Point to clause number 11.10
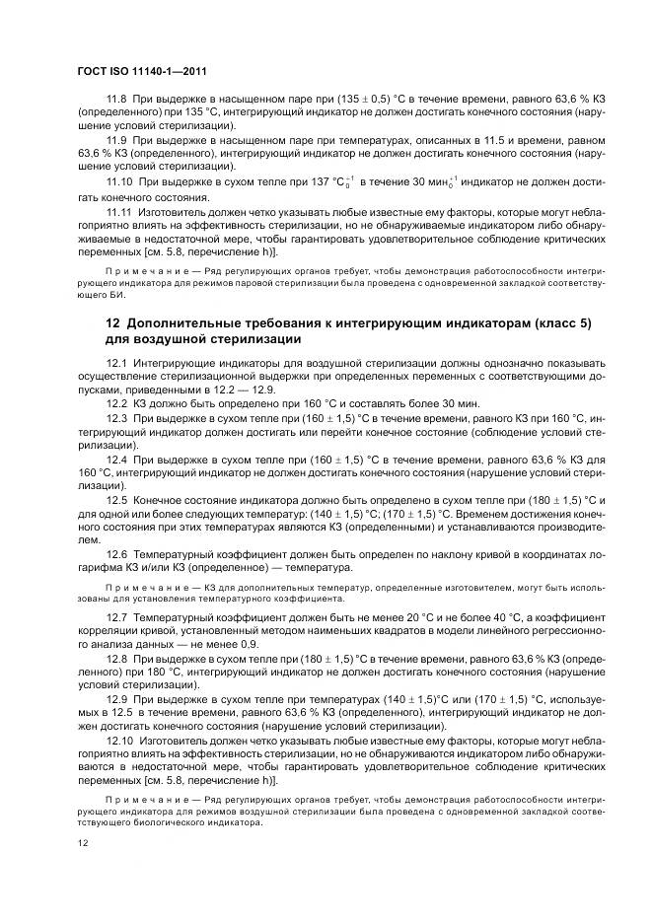click(119, 183)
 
